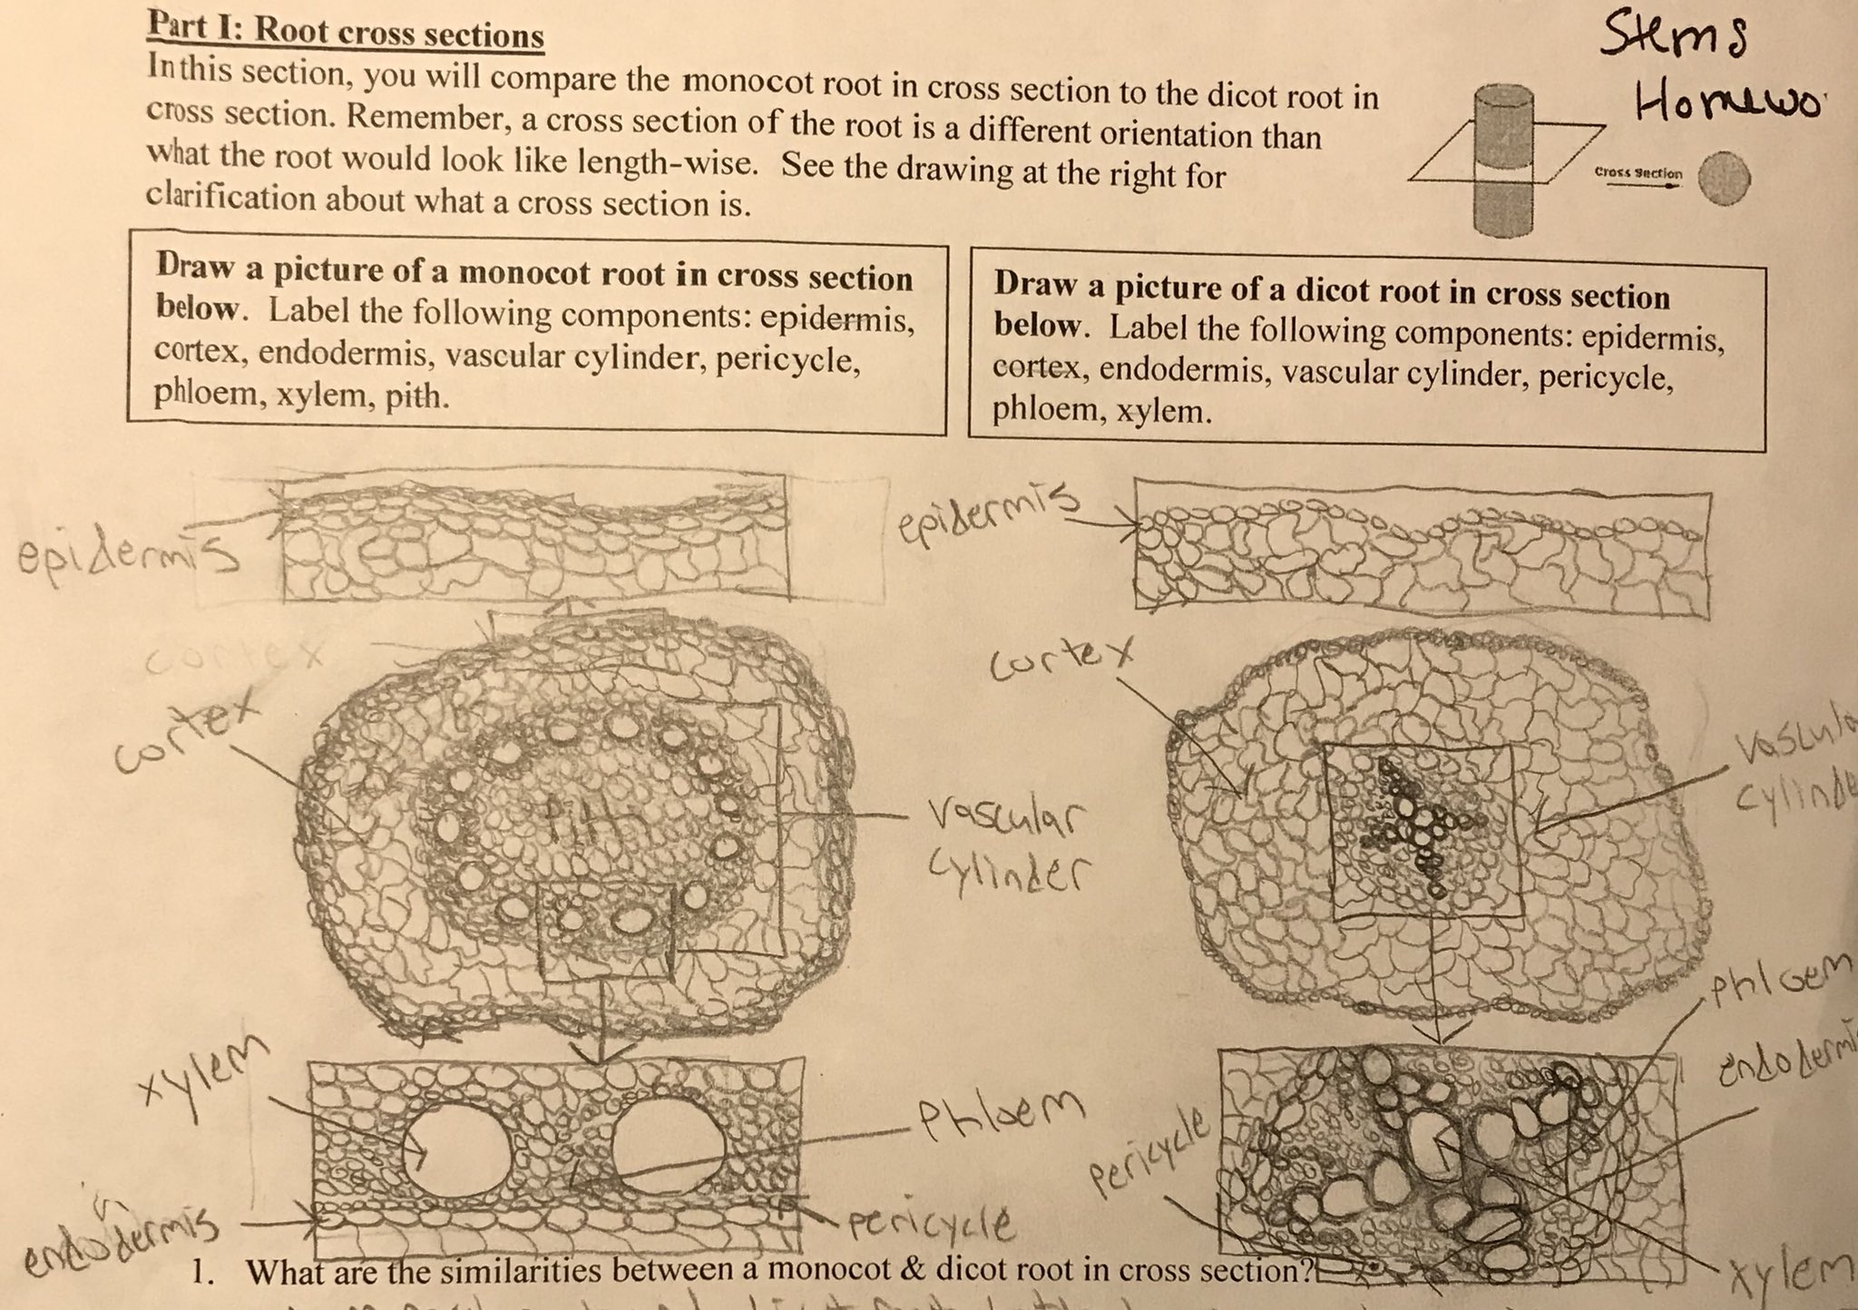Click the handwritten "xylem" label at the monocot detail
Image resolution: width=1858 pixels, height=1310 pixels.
click(209, 1080)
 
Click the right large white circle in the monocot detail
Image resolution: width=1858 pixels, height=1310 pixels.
click(668, 1146)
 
